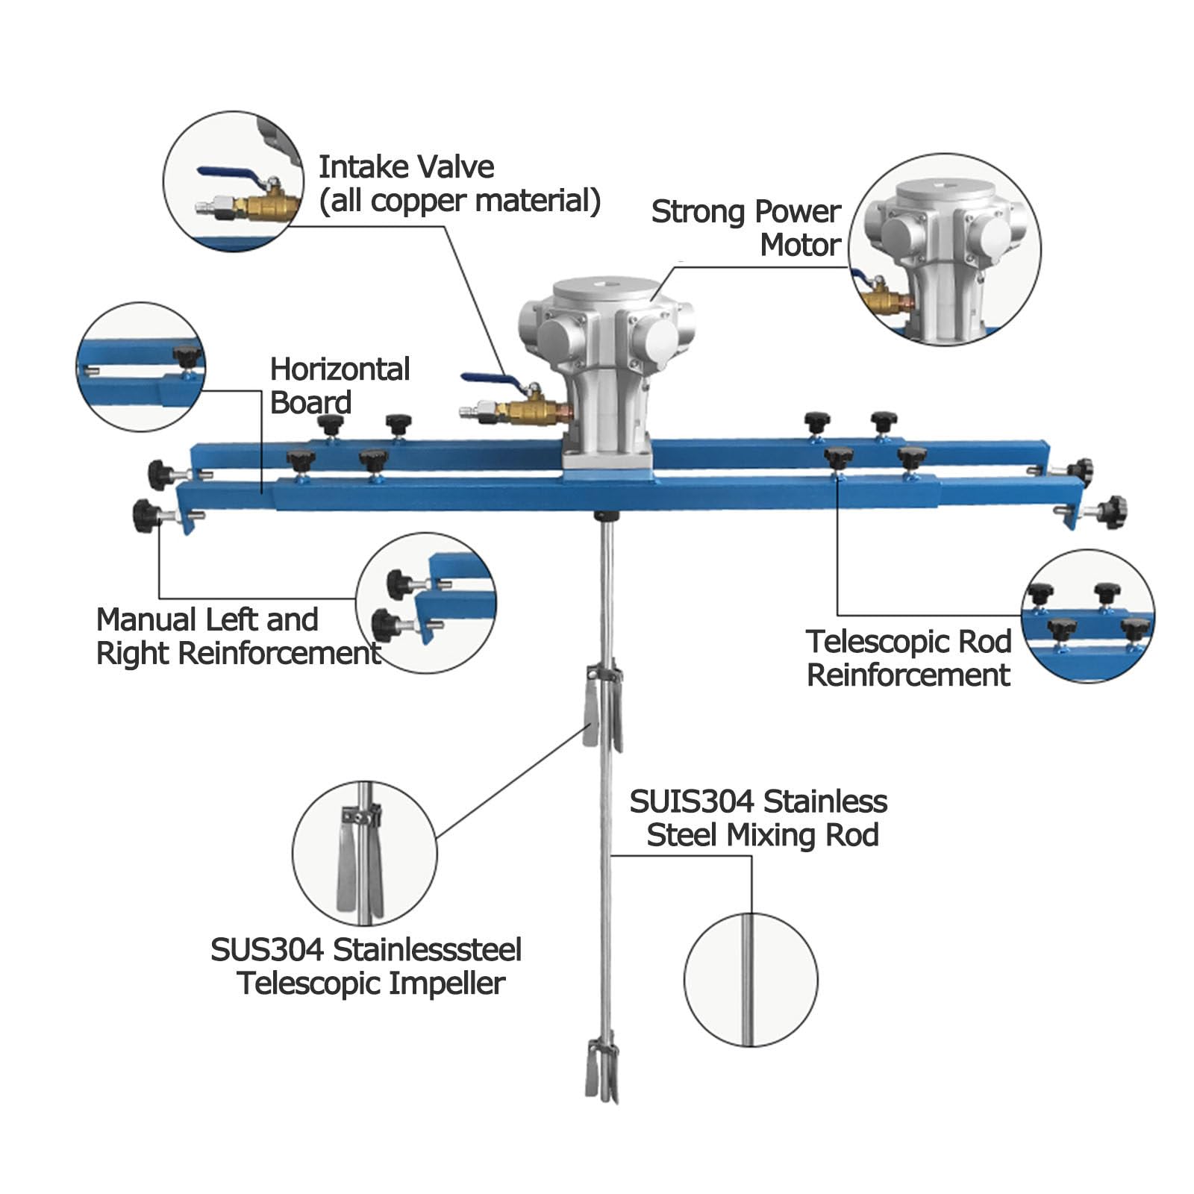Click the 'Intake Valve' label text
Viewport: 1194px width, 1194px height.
click(x=407, y=167)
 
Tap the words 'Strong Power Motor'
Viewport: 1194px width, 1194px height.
click(x=746, y=228)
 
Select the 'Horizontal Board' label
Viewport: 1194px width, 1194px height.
click(x=340, y=386)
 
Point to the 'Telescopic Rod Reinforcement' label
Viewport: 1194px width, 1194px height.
click(x=909, y=658)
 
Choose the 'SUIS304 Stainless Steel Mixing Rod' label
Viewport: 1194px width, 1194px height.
click(x=759, y=819)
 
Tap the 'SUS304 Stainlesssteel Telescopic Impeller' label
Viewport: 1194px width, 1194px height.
click(x=366, y=966)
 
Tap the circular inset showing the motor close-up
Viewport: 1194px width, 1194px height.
click(x=944, y=249)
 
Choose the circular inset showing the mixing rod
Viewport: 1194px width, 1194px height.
click(x=751, y=980)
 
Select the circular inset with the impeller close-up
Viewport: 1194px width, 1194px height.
click(x=365, y=853)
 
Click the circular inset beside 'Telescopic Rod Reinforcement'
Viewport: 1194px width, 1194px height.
click(x=1088, y=616)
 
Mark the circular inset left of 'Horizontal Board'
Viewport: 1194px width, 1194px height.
click(x=141, y=367)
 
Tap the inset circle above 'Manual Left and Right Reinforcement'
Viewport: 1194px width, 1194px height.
click(x=426, y=603)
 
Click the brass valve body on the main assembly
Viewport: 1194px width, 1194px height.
click(x=525, y=409)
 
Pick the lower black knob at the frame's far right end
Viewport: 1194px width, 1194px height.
click(x=1112, y=511)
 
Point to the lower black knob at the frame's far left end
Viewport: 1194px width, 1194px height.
click(x=146, y=516)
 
